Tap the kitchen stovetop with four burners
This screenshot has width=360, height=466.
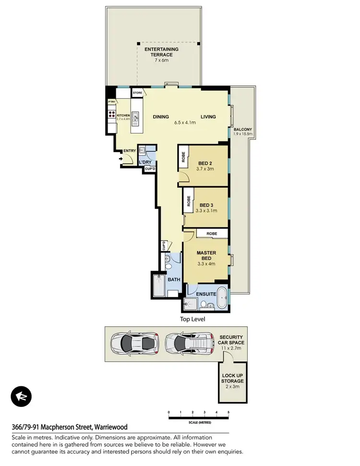pos(111,114)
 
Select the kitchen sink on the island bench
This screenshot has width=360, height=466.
pos(136,116)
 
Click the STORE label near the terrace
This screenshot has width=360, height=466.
pos(137,92)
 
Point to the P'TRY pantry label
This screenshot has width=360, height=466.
pos(112,102)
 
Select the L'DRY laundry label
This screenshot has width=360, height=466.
pos(145,162)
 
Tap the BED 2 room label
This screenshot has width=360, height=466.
pos(205,163)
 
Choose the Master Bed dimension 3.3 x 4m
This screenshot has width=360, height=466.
pos(206,263)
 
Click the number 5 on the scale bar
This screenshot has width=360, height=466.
pos(228,412)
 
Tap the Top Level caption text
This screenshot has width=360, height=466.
pos(192,318)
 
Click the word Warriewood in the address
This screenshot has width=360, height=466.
pos(111,427)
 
